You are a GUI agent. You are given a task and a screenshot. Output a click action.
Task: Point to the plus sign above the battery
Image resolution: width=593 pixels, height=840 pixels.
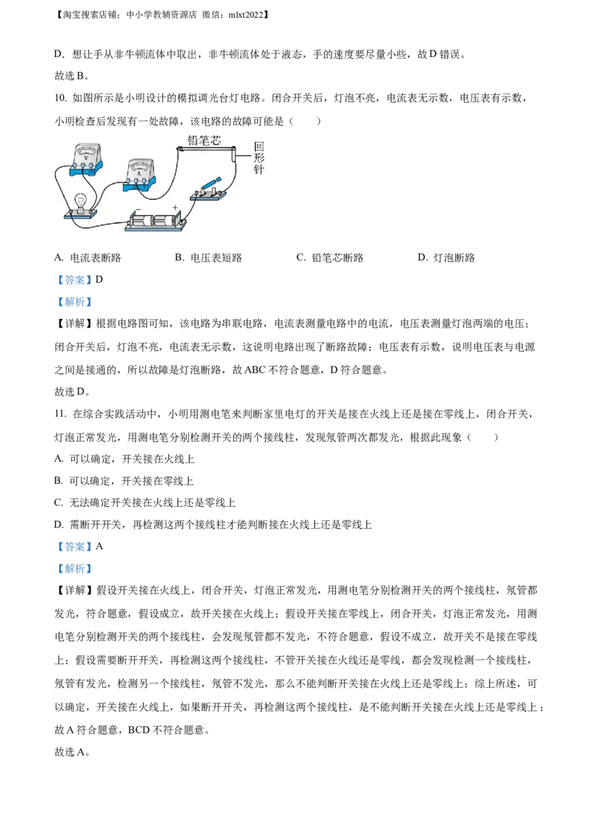tap(176, 208)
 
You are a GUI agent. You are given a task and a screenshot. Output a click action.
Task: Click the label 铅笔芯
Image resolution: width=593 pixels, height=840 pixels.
tap(204, 140)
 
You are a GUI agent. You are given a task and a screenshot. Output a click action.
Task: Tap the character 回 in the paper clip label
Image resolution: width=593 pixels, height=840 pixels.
tap(259, 146)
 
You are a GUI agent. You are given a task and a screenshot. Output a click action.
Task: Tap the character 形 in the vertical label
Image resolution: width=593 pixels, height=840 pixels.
tap(259, 158)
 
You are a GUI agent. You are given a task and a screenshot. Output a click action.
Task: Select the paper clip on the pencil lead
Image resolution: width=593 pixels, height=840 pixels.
tap(235, 154)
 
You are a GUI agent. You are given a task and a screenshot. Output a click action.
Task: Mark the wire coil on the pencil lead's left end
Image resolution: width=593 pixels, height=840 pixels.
tap(180, 149)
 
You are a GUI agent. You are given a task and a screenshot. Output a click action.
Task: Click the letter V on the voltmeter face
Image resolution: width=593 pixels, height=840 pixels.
tap(87, 158)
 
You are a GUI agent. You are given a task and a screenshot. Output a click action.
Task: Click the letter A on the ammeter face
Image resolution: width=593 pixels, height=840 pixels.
tap(139, 174)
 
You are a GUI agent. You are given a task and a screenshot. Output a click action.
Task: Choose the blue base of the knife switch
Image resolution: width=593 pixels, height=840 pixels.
tap(210, 196)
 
